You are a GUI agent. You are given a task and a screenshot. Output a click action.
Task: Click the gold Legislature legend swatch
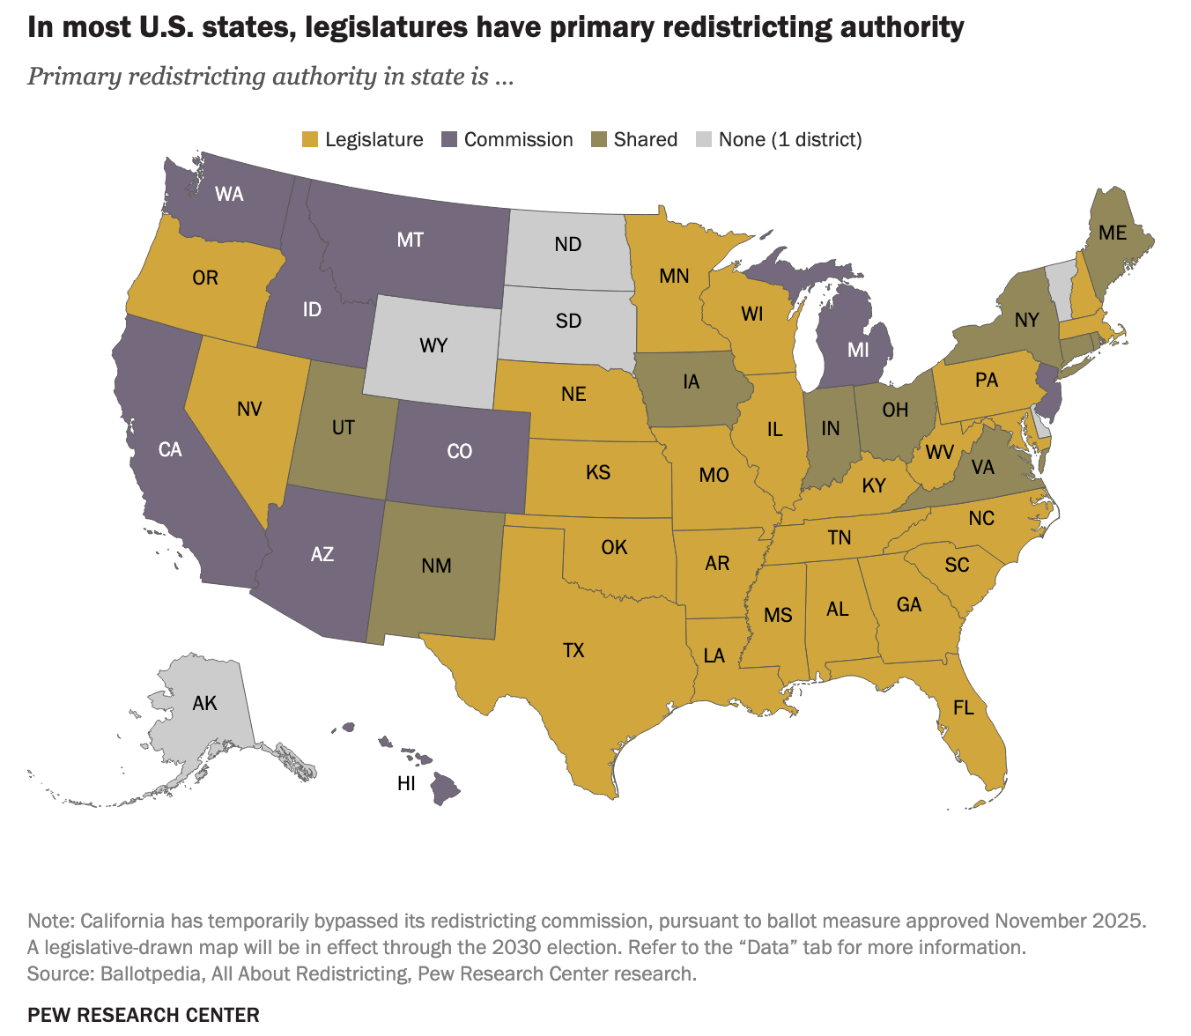click(x=310, y=140)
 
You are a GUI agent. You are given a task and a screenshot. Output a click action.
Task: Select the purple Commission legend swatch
click(x=449, y=140)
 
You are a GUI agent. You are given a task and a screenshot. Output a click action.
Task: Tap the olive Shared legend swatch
click(x=599, y=140)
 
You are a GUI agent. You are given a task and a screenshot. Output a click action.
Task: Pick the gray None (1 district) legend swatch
click(x=704, y=140)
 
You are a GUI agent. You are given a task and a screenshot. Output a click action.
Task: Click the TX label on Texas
click(x=573, y=651)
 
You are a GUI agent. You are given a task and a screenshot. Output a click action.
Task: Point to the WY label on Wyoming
click(x=433, y=345)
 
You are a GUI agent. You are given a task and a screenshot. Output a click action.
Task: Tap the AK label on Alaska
click(x=204, y=703)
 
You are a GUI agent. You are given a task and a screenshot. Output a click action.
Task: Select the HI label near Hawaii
click(x=406, y=784)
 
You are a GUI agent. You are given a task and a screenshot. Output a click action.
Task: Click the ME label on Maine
click(x=1113, y=233)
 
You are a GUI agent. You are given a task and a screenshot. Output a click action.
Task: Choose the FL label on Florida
click(x=964, y=708)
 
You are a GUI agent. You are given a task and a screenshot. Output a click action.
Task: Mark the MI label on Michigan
click(x=858, y=351)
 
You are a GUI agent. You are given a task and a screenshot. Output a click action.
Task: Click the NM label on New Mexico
click(x=436, y=566)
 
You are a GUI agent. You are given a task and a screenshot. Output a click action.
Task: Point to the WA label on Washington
click(x=229, y=194)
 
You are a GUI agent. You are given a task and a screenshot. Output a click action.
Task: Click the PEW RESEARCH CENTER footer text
click(x=144, y=1015)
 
